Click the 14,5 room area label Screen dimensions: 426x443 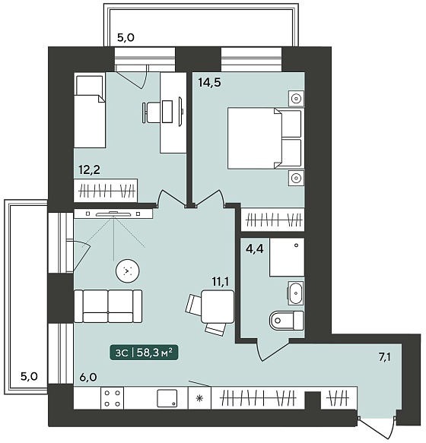click(x=210, y=83)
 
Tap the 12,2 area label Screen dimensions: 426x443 click(x=90, y=170)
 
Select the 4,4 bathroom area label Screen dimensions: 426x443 click(x=255, y=249)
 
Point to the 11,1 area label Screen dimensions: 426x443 click(x=221, y=282)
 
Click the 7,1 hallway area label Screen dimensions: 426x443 click(x=385, y=357)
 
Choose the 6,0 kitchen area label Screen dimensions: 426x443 click(x=88, y=377)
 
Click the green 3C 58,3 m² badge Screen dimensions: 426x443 click(x=144, y=353)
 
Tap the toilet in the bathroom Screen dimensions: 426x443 click(x=287, y=321)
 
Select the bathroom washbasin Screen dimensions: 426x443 click(x=296, y=293)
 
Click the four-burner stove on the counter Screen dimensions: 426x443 click(x=113, y=398)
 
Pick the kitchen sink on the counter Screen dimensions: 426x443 click(x=167, y=398)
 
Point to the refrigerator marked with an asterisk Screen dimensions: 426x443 click(x=199, y=398)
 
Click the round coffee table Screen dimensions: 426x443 click(x=128, y=271)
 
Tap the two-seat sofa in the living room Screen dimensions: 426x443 click(x=108, y=306)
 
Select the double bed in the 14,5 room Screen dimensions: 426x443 click(x=265, y=138)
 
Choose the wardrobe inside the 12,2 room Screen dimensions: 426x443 click(x=106, y=191)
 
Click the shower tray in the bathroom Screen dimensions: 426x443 click(x=287, y=257)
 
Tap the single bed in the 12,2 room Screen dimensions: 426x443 click(x=90, y=110)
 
